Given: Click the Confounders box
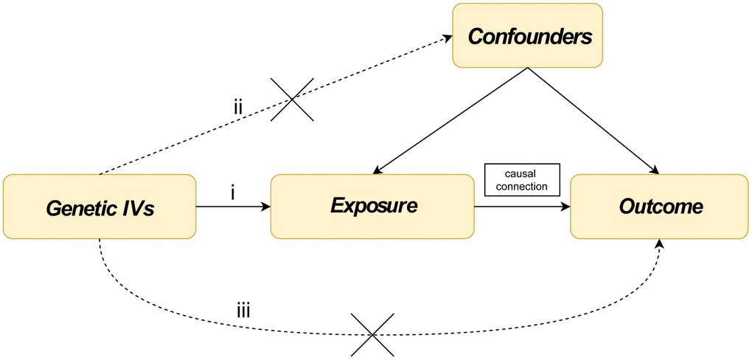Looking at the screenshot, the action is [527, 35].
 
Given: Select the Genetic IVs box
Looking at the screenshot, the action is [100, 207].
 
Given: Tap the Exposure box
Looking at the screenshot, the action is [372, 207].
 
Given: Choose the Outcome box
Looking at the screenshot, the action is [659, 207].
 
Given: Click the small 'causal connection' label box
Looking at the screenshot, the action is [522, 179].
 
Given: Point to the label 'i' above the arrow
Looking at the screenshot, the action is [232, 193].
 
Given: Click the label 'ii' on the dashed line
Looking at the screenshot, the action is [238, 106].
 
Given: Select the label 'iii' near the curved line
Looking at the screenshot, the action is [243, 311].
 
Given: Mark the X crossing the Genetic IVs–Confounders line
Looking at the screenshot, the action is [292, 100].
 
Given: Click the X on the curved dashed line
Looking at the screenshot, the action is [372, 335].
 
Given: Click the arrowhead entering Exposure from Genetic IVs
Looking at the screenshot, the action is [265, 207].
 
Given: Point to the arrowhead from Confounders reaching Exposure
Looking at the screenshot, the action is [378, 170].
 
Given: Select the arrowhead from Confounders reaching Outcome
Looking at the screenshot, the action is [653, 170].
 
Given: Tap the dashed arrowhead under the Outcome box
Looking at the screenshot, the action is [661, 244].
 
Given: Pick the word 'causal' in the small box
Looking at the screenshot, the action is [522, 174].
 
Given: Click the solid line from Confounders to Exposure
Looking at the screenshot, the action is [450, 120].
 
